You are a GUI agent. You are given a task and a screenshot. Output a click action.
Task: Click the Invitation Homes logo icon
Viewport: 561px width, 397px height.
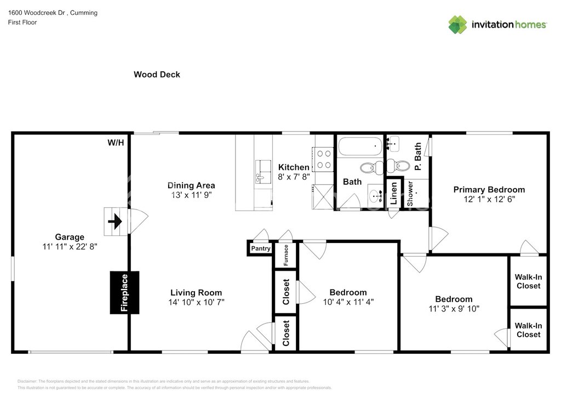pos(457,25)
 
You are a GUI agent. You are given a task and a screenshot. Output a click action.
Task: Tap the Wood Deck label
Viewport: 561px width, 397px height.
pos(157,75)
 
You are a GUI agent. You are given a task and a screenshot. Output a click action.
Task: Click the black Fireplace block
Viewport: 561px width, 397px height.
pos(124,292)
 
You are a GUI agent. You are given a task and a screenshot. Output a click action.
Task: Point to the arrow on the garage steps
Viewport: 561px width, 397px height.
pos(115,222)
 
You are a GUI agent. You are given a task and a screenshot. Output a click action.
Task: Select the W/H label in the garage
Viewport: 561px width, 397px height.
pos(116,143)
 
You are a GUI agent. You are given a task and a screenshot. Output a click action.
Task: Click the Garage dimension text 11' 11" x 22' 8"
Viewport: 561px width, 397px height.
pos(70,247)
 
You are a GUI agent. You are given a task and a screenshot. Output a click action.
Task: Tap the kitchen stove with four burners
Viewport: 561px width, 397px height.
pos(323,158)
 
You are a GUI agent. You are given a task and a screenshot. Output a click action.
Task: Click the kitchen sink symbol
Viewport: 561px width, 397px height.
pos(264,169)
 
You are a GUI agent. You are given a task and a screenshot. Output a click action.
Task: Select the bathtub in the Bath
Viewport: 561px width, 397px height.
pos(360,146)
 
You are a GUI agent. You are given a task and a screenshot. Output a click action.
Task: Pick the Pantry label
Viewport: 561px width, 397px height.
pos(260,249)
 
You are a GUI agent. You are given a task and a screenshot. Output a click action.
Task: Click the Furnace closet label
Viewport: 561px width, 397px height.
pos(286,256)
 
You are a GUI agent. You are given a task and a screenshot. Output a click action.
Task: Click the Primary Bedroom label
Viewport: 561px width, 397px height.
pos(489,190)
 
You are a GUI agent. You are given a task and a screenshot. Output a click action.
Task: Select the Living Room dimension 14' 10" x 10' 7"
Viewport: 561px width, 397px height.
pos(196,302)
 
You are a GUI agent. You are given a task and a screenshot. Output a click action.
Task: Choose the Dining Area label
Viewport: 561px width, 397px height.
pos(191,185)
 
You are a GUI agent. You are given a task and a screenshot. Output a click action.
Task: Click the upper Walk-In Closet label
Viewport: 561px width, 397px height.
pos(528,281)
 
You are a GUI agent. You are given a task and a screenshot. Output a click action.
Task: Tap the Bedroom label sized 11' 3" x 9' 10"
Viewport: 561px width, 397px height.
pos(454,299)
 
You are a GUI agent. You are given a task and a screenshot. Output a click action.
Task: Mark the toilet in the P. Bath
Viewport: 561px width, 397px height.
pos(403,165)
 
